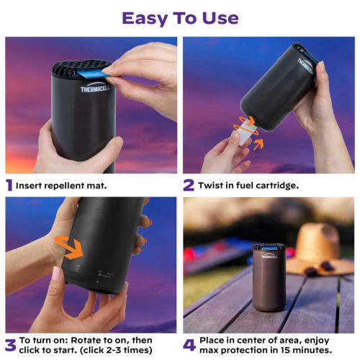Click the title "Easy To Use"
click(179, 17)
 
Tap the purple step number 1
click(9, 185)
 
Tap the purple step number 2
click(188, 185)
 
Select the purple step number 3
click(10, 344)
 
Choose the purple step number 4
click(189, 344)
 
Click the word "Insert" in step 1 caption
click(30, 186)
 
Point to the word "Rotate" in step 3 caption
click(89, 339)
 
